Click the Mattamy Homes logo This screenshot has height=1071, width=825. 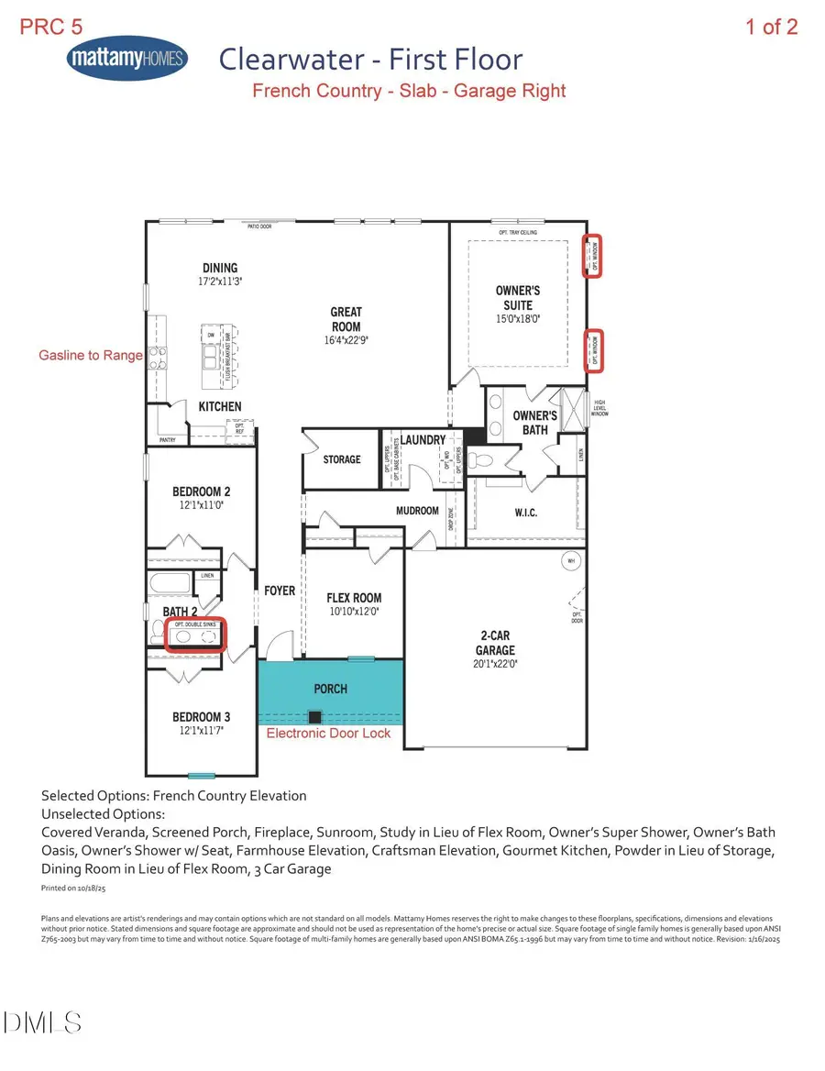pyautogui.click(x=127, y=61)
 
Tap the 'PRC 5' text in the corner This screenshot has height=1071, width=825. pyautogui.click(x=51, y=27)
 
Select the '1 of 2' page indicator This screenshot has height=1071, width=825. pyautogui.click(x=771, y=27)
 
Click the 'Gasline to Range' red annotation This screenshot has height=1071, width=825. pyautogui.click(x=90, y=355)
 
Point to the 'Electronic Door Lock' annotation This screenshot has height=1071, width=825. pyautogui.click(x=328, y=733)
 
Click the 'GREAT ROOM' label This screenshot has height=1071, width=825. pyautogui.click(x=346, y=319)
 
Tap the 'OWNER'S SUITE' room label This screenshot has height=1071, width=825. pyautogui.click(x=517, y=298)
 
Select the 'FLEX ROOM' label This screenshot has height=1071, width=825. pyautogui.click(x=354, y=598)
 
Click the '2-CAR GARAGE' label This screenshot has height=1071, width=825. pyautogui.click(x=495, y=643)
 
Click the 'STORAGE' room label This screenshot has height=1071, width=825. pyautogui.click(x=341, y=458)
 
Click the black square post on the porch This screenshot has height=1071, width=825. pyautogui.click(x=314, y=717)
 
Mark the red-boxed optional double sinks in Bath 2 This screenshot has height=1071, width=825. pyautogui.click(x=195, y=635)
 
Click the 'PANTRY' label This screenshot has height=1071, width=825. pyautogui.click(x=167, y=440)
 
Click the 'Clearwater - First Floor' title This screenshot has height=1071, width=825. pyautogui.click(x=370, y=61)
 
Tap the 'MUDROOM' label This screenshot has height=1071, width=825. pyautogui.click(x=417, y=510)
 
